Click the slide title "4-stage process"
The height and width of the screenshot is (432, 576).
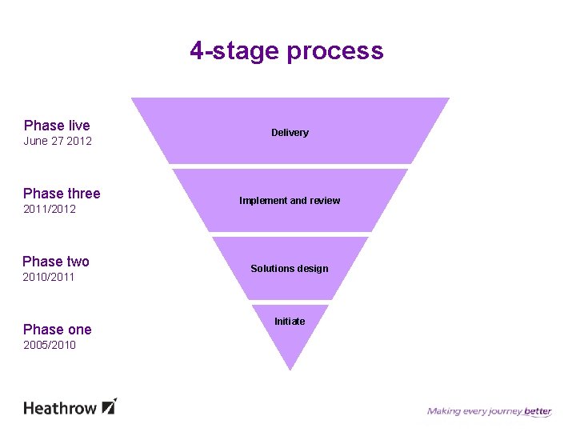(286, 51)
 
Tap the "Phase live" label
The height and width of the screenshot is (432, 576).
(57, 126)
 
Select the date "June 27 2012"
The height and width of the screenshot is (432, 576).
(58, 142)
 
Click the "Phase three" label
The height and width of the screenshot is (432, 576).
(62, 194)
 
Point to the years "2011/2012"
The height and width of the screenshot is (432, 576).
(50, 210)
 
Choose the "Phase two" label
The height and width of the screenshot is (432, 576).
(56, 262)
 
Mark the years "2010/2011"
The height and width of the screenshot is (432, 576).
(49, 278)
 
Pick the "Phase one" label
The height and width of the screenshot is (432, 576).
(58, 330)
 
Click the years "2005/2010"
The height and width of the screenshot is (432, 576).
(50, 346)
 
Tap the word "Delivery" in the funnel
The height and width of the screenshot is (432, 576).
(290, 133)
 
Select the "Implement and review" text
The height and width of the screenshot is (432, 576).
(290, 201)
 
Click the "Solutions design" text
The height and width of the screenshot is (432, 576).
(290, 269)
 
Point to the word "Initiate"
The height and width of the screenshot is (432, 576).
(290, 322)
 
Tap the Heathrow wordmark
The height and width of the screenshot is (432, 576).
(59, 408)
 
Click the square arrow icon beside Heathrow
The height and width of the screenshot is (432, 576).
(110, 406)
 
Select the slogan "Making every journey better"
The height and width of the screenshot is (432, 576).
(489, 412)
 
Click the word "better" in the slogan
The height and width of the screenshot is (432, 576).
(538, 412)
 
